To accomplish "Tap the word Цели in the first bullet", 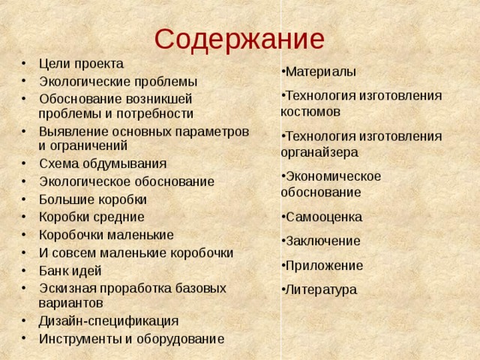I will pos(53,64).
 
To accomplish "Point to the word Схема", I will pos(57,164).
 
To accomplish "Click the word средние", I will pos(118,217).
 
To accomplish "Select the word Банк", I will pos(52,271).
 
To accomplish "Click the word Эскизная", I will pos(68,288).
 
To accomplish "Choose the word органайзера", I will pos(319,151).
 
